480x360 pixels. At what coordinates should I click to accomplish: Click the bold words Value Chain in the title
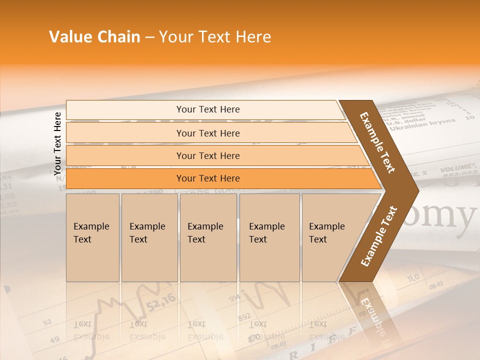point(94,37)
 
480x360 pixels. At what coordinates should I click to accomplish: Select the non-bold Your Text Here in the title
point(215,37)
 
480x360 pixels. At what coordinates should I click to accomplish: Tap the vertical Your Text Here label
point(58,143)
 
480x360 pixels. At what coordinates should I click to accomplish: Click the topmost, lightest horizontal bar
point(208,109)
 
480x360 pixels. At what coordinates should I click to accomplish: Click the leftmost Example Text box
point(92,237)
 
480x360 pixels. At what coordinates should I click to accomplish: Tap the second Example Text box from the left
point(149,237)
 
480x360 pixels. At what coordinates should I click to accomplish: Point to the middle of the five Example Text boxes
point(208,237)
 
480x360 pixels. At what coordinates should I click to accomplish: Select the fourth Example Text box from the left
point(269,237)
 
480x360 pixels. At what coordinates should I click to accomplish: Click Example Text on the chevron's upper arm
point(377,142)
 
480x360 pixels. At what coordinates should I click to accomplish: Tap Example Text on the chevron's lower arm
point(378,236)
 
